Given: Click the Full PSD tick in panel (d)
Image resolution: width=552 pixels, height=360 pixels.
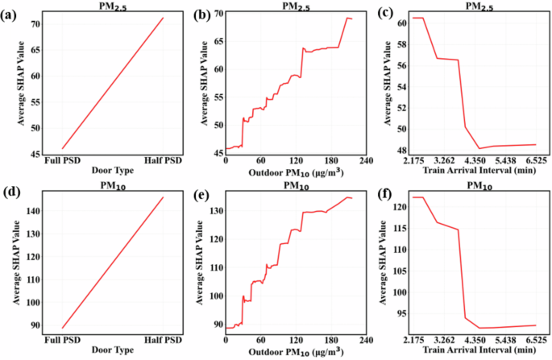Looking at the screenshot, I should (x=63, y=339).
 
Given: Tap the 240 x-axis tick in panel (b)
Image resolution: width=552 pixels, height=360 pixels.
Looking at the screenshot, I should (x=365, y=161).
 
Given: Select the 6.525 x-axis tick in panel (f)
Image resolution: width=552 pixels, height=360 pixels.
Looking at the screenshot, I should (x=535, y=339).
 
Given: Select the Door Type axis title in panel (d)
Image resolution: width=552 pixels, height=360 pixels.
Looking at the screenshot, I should (x=113, y=350).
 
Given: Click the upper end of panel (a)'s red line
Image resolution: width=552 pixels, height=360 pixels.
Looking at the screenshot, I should (x=163, y=18).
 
